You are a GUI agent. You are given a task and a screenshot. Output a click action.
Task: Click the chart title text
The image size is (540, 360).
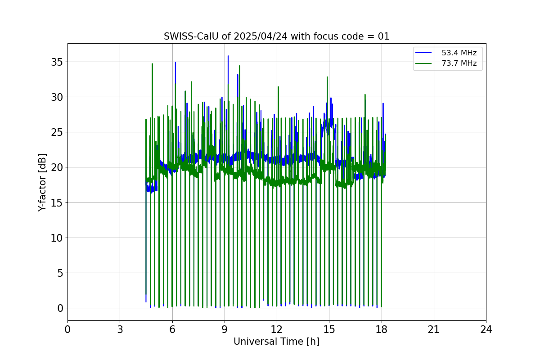click(x=276, y=36)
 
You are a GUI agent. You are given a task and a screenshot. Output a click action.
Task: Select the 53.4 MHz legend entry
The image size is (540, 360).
click(x=459, y=53)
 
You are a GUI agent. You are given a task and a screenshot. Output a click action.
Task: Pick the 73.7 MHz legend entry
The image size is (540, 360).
click(x=459, y=63)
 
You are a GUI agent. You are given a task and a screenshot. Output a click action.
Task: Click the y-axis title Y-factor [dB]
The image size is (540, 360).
click(x=42, y=182)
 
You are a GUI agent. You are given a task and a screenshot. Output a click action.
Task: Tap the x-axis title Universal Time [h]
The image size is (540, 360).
click(x=276, y=342)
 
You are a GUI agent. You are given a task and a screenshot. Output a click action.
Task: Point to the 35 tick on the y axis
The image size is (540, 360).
click(x=57, y=62)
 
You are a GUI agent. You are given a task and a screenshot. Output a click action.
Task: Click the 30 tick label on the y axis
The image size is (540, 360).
click(x=57, y=97)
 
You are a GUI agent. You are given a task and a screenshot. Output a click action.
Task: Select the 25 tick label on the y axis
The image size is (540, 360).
click(x=57, y=132)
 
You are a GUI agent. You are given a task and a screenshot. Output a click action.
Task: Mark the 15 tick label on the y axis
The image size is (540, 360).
click(x=57, y=202)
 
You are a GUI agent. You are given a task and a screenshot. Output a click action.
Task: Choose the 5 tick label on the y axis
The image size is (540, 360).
click(x=60, y=273)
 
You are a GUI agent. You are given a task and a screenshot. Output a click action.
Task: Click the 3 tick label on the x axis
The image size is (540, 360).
click(x=120, y=329)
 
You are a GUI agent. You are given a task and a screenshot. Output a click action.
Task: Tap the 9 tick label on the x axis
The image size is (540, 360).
click(x=224, y=329)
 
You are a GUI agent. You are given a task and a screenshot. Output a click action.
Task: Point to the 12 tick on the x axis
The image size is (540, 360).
click(x=277, y=329)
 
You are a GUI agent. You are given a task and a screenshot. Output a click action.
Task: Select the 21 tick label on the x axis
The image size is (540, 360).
click(x=433, y=329)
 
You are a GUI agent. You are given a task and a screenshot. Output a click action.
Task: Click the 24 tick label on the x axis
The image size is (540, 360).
click(x=486, y=329)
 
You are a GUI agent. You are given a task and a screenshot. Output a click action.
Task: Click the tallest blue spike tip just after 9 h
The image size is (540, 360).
click(x=228, y=56)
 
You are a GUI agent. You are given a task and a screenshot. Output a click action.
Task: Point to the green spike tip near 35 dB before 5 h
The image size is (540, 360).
click(x=152, y=63)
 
